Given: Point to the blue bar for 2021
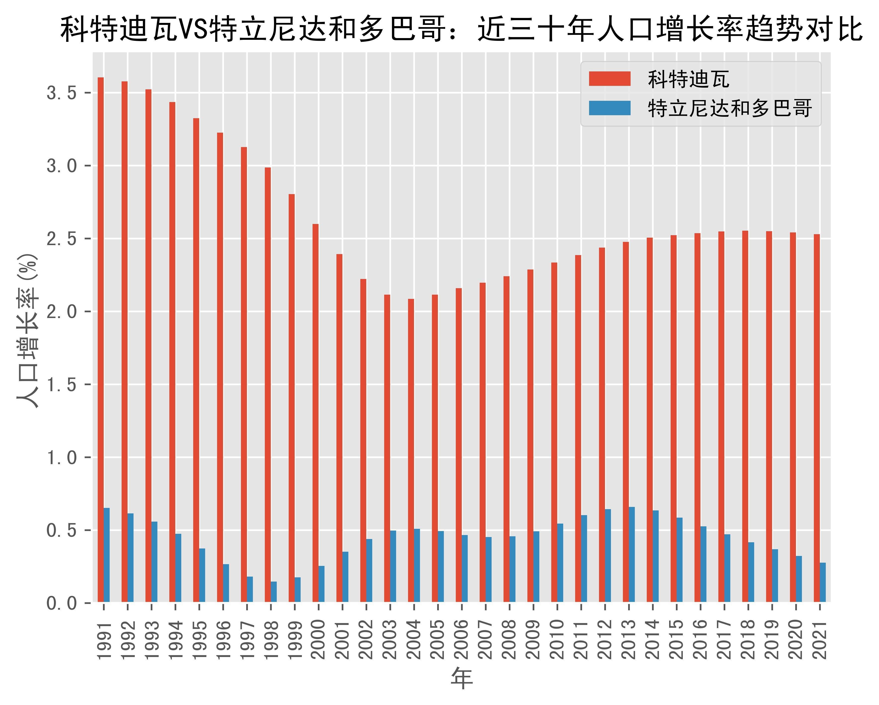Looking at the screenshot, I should pyautogui.click(x=823, y=582).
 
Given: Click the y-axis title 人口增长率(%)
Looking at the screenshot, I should pyautogui.click(x=28, y=330).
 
